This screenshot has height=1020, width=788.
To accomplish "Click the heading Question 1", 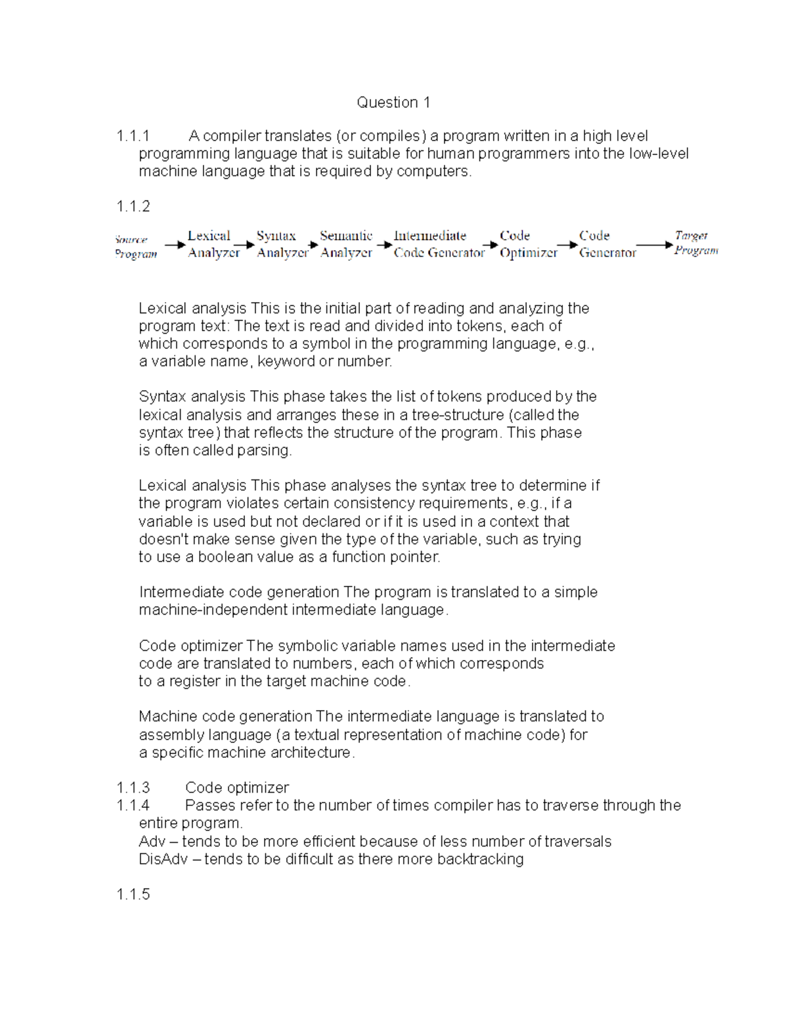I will (393, 102).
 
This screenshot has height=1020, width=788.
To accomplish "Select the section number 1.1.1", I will (133, 136).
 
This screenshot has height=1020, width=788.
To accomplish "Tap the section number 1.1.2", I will (133, 206).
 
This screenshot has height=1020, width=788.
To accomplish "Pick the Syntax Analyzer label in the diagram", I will (282, 244).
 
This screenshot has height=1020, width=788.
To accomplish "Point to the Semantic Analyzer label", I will (346, 244).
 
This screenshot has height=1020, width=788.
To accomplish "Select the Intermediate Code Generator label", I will (438, 244).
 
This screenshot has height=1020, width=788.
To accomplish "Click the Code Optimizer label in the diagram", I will (528, 244).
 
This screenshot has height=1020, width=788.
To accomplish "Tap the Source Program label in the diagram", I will (135, 247).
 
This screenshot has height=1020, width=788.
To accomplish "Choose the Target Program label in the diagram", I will (695, 243).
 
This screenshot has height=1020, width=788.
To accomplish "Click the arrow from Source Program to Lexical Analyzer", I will (175, 245).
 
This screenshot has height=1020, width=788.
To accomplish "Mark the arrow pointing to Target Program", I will (655, 245).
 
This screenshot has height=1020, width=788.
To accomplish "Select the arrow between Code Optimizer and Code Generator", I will (567, 245).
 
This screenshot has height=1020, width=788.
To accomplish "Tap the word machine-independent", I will (213, 610).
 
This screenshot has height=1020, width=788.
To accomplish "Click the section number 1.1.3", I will (133, 787).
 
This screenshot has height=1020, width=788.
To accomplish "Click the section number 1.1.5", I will (133, 895).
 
